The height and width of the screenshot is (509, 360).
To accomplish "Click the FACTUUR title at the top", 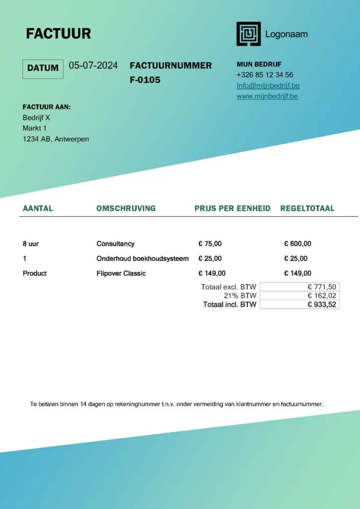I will pos(58,33).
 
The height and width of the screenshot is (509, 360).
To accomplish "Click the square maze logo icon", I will pos(248,34).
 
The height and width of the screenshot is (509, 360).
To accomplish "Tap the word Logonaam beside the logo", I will pos(286,34).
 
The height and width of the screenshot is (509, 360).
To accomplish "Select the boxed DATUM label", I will pos(43,69).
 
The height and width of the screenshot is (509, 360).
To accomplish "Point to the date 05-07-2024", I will pos(93,66).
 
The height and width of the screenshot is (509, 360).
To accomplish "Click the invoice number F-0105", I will pos(145,80).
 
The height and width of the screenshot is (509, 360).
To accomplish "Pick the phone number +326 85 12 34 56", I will pos(265,75).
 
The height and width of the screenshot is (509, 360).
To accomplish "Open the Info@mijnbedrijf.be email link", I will pos(268,85).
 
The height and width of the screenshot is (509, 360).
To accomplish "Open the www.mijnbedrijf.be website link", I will pos(267,96).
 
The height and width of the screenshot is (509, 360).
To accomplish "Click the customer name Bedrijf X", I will pos(36,118).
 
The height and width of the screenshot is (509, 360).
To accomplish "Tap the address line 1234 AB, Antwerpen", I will pos(56,139).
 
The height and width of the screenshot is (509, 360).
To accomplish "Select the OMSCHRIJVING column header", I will pos(126,208).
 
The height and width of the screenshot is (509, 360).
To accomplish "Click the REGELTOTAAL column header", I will pos(307,208).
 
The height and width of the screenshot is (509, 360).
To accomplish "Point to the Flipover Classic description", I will pos(121,273).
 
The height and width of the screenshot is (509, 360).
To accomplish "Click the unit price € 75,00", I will pos(210,244).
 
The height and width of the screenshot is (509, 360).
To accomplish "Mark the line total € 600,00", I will pos(297,244).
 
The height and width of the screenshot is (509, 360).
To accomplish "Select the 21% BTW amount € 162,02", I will pos(322,296).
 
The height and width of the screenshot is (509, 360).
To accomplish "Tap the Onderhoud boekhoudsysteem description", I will pos(143,258).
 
